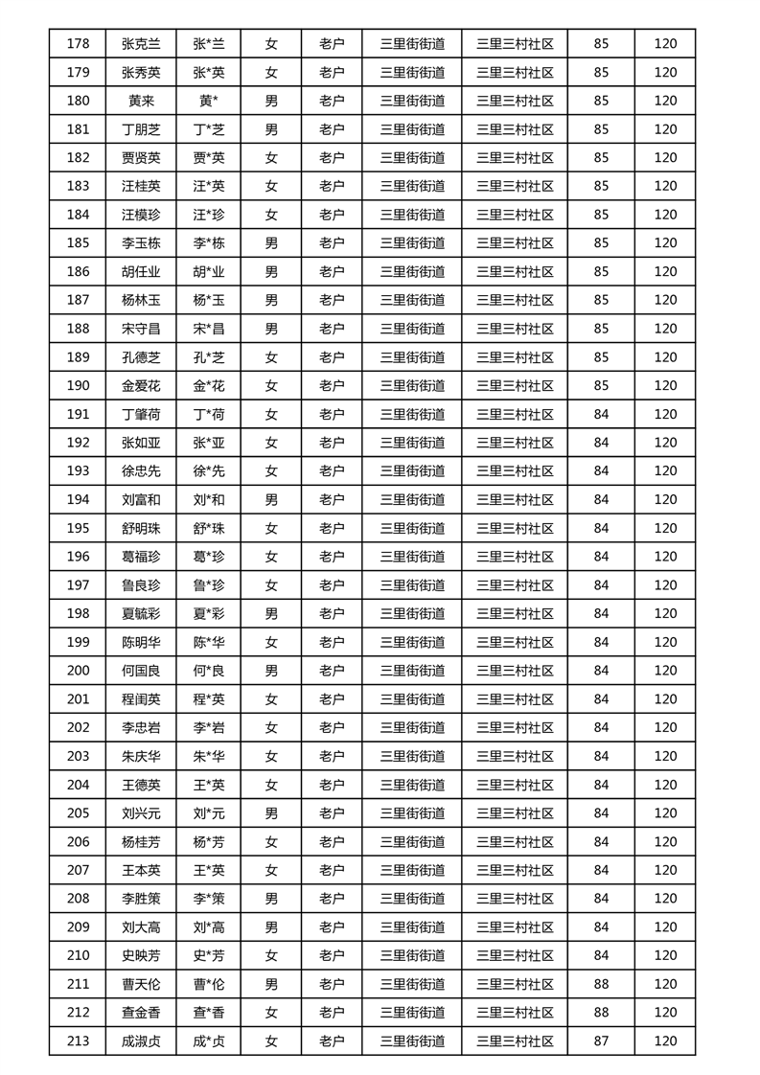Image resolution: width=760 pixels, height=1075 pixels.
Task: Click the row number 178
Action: pos(78,43)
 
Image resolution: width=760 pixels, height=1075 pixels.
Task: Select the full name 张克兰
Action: pos(141,43)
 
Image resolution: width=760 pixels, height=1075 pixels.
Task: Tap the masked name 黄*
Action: pos(208,101)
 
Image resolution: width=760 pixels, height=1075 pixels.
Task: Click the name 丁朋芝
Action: pos(141,129)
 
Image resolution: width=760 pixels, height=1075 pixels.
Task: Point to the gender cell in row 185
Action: pos(271,243)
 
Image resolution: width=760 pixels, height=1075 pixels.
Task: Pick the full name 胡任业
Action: pos(141,271)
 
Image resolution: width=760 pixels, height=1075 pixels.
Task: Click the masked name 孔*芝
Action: pos(208,357)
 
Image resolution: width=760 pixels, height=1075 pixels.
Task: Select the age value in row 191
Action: pos(601,414)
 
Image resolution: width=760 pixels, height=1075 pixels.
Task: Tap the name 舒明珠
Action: pos(141,528)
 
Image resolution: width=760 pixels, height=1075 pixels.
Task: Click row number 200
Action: pos(78,671)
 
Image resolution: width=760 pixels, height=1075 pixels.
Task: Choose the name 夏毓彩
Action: pos(141,613)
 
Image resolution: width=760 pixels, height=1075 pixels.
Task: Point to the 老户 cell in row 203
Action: pos(332,756)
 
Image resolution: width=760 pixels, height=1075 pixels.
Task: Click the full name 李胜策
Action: pos(141,899)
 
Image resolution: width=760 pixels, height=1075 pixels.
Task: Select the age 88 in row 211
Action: pos(601,984)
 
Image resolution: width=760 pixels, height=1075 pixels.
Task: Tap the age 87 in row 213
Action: pos(601,1041)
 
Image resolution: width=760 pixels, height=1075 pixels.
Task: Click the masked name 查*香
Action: pos(208,1013)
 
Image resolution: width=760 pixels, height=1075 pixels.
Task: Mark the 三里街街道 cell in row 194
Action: pos(412,499)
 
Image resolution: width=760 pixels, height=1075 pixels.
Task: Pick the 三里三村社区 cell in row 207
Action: pos(515,870)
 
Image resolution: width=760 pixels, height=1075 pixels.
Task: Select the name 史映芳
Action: pos(141,955)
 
